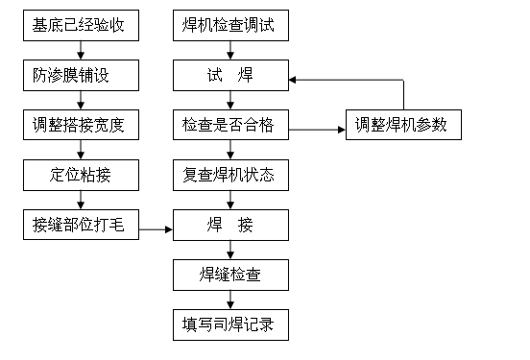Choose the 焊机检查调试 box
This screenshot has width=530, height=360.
coord(229,25)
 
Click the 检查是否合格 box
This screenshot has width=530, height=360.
coord(229,125)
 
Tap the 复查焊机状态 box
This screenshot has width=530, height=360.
coord(229,175)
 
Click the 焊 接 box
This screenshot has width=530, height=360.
coord(229,227)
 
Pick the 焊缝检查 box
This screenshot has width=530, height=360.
coord(229,276)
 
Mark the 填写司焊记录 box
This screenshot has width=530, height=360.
coord(229,325)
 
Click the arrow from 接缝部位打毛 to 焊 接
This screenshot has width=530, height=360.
coord(156,228)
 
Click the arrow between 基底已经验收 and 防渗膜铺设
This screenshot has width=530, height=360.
coord(81,50)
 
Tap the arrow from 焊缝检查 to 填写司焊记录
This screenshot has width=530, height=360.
coord(229,300)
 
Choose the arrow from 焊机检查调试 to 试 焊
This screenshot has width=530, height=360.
coord(229,50)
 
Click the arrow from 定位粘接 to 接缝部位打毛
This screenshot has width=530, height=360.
coord(81,201)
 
